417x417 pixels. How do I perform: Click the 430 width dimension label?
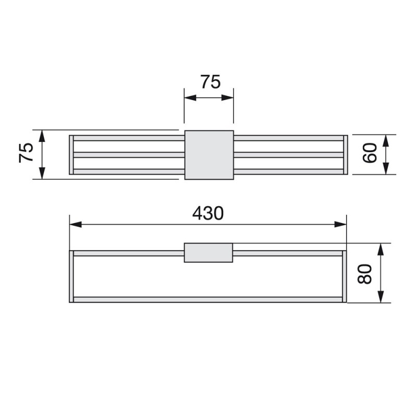[x=208, y=213]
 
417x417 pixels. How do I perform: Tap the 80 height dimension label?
[x=364, y=274]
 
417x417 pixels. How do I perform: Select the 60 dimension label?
[x=370, y=153]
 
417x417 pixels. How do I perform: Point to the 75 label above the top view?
[x=211, y=82]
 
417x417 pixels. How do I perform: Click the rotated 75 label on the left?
[x=26, y=153]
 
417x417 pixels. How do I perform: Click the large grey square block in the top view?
[x=209, y=155]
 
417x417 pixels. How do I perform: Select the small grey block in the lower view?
[x=208, y=253]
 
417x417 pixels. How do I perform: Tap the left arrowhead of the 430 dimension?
[x=76, y=225]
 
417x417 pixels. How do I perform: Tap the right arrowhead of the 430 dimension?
[x=340, y=225]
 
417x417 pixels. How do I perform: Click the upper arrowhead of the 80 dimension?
[x=381, y=249]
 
